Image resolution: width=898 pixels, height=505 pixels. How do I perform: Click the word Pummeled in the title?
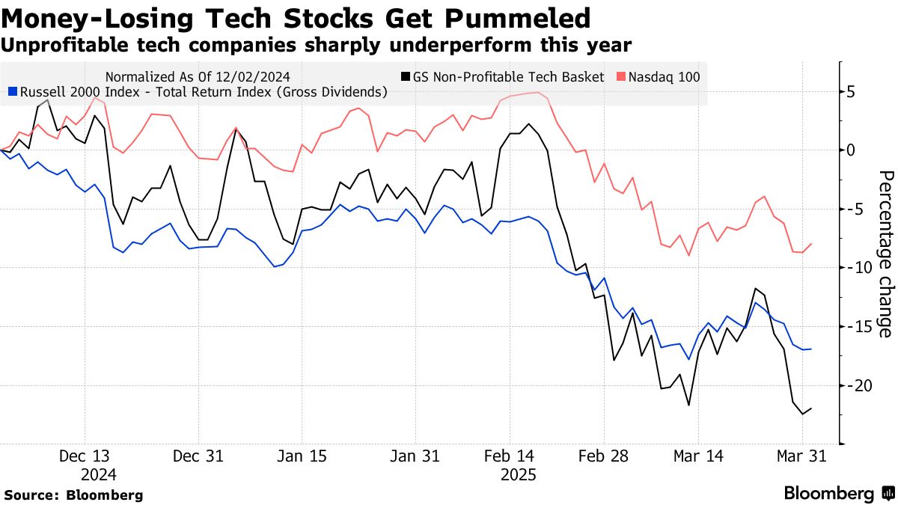[516, 18]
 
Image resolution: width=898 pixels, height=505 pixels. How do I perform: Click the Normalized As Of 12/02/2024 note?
[198, 76]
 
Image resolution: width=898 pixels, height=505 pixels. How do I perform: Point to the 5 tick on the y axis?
[851, 92]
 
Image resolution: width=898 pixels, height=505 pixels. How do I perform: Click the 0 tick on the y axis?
[851, 150]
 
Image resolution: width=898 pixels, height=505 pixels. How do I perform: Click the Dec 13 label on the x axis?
[85, 457]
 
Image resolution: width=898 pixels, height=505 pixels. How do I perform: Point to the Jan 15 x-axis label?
[302, 457]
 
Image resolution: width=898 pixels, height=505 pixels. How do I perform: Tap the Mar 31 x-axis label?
[801, 457]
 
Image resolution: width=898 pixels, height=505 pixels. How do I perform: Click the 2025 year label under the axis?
[518, 474]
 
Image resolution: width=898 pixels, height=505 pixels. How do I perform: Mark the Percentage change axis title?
[885, 254]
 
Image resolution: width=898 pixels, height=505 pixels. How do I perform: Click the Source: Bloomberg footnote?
[73, 495]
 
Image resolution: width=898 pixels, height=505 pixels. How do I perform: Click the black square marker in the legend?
[406, 76]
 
